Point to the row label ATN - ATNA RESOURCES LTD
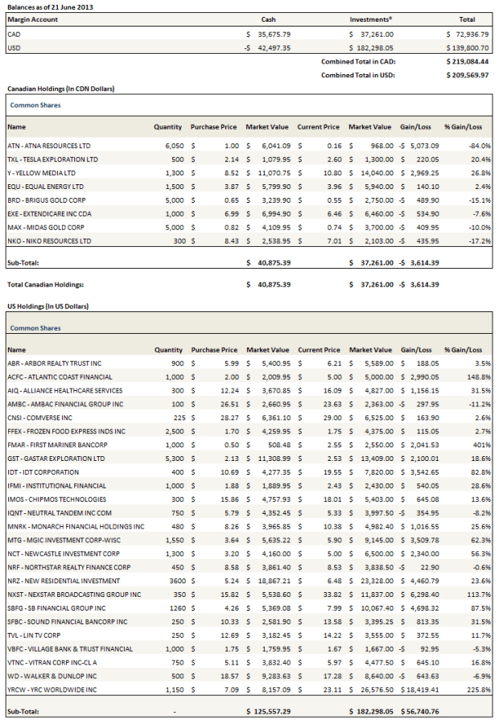tap(48, 146)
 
